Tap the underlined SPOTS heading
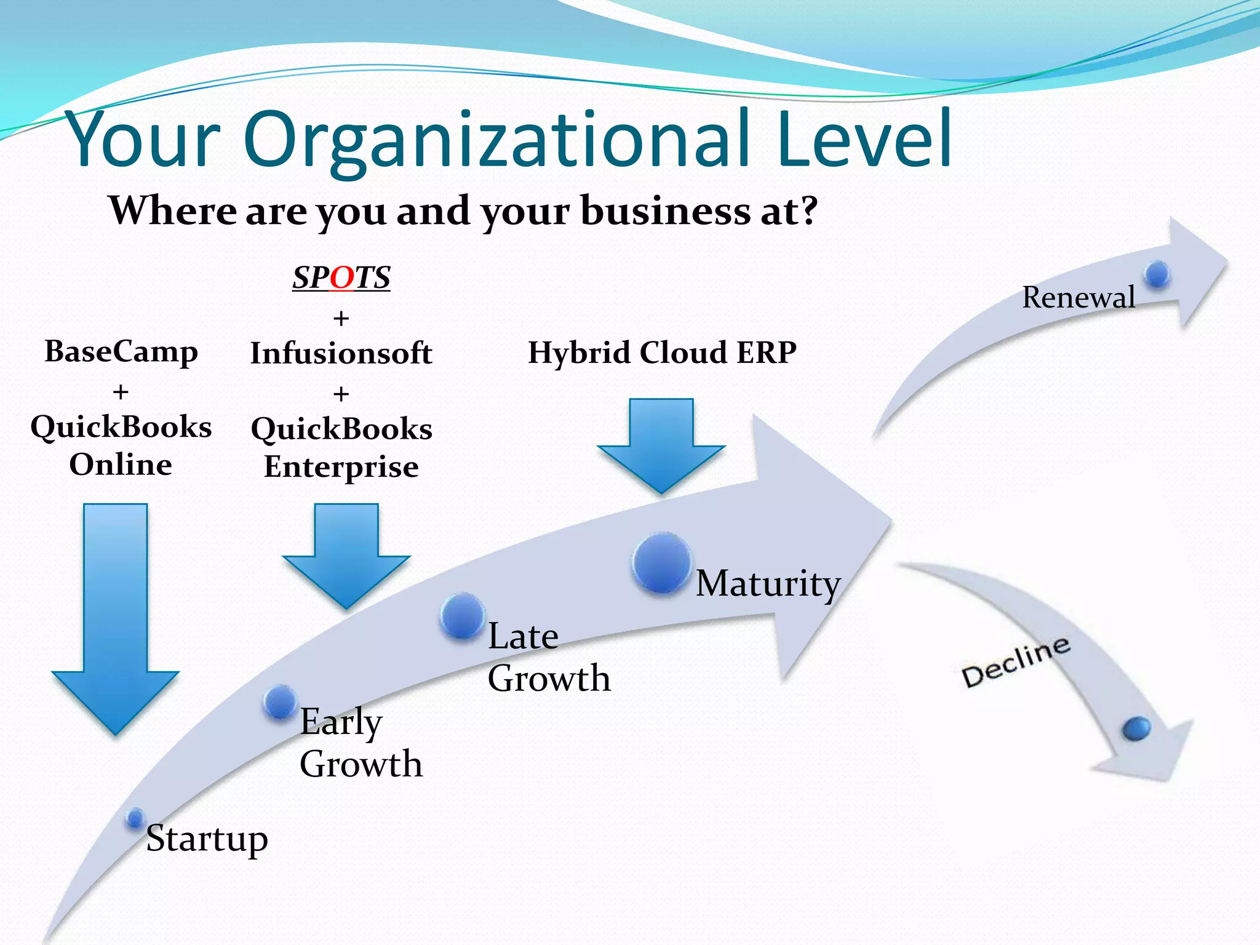point(341,277)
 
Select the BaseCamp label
point(121,352)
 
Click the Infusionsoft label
point(341,354)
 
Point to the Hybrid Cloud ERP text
point(662,353)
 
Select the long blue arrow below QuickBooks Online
point(116,615)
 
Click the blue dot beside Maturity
point(661,563)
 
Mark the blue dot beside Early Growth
point(281,702)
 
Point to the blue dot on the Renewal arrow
point(1157,274)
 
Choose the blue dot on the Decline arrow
point(1136,729)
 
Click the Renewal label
point(1078,298)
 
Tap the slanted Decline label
point(1016,662)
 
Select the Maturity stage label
point(768,583)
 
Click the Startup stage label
point(207,839)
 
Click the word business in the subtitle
point(666,211)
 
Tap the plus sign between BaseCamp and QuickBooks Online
point(121,392)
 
